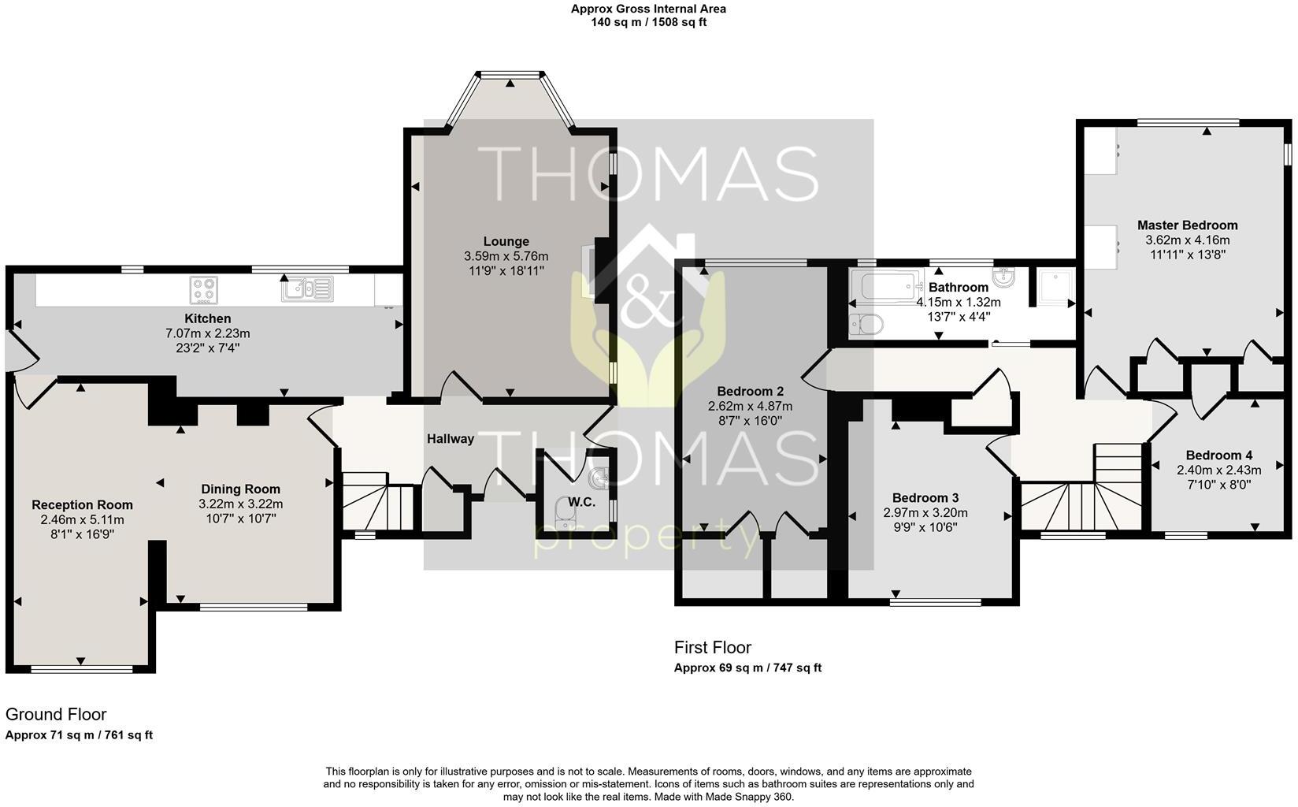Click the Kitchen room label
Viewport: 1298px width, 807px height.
coord(207,318)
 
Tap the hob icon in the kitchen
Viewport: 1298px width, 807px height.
coord(202,290)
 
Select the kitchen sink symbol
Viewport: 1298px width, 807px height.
coord(307,289)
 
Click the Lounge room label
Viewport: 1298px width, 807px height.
coord(506,241)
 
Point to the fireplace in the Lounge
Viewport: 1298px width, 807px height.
coord(589,270)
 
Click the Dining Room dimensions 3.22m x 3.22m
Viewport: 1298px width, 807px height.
coord(240,504)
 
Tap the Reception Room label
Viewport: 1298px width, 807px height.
coord(82,505)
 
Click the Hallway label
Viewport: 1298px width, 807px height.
coord(451,439)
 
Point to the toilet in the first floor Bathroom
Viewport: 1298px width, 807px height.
coord(866,324)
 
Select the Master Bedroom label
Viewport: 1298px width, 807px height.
coord(1187,225)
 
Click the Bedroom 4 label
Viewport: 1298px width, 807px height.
coord(1218,455)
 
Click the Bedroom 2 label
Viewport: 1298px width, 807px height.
coord(750,392)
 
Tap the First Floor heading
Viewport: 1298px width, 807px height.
coord(712,648)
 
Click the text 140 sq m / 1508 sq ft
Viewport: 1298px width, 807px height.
coord(648,22)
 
